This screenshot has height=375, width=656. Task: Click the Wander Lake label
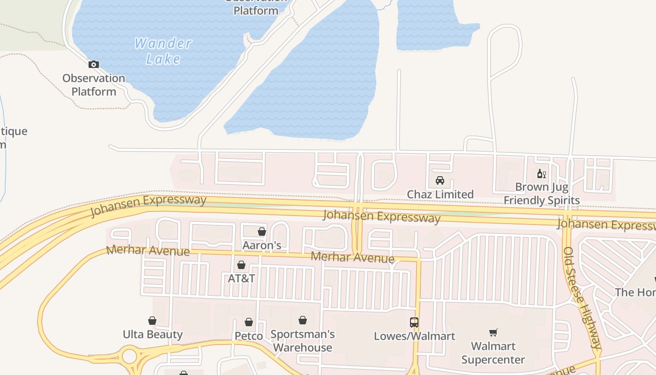coord(163,51)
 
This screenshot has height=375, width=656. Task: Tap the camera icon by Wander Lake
coord(94,65)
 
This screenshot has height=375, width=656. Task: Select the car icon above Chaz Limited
coord(440,180)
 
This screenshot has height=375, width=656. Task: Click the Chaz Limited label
coord(440,194)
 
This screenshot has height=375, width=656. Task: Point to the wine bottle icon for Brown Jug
coord(542,174)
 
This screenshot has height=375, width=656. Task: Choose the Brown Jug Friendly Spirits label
coord(542,194)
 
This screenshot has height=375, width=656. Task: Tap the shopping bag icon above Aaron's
coord(262,232)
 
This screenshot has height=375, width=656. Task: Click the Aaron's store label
coord(262,245)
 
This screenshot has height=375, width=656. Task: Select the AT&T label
coord(241,278)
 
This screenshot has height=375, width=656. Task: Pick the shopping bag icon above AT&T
coord(241,265)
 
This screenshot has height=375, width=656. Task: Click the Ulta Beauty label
coord(152,334)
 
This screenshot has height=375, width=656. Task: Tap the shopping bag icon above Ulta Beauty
coord(152,321)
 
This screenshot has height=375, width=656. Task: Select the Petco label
coord(249,336)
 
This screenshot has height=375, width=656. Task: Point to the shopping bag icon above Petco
coord(249,322)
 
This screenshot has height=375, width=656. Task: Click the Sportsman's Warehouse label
coord(303,341)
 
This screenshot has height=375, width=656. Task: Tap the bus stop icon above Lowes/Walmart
coord(414,322)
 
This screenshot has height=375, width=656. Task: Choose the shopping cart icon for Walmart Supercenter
coord(493,333)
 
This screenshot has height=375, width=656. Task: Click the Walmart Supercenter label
coord(493,353)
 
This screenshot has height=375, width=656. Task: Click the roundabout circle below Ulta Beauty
coord(129,356)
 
